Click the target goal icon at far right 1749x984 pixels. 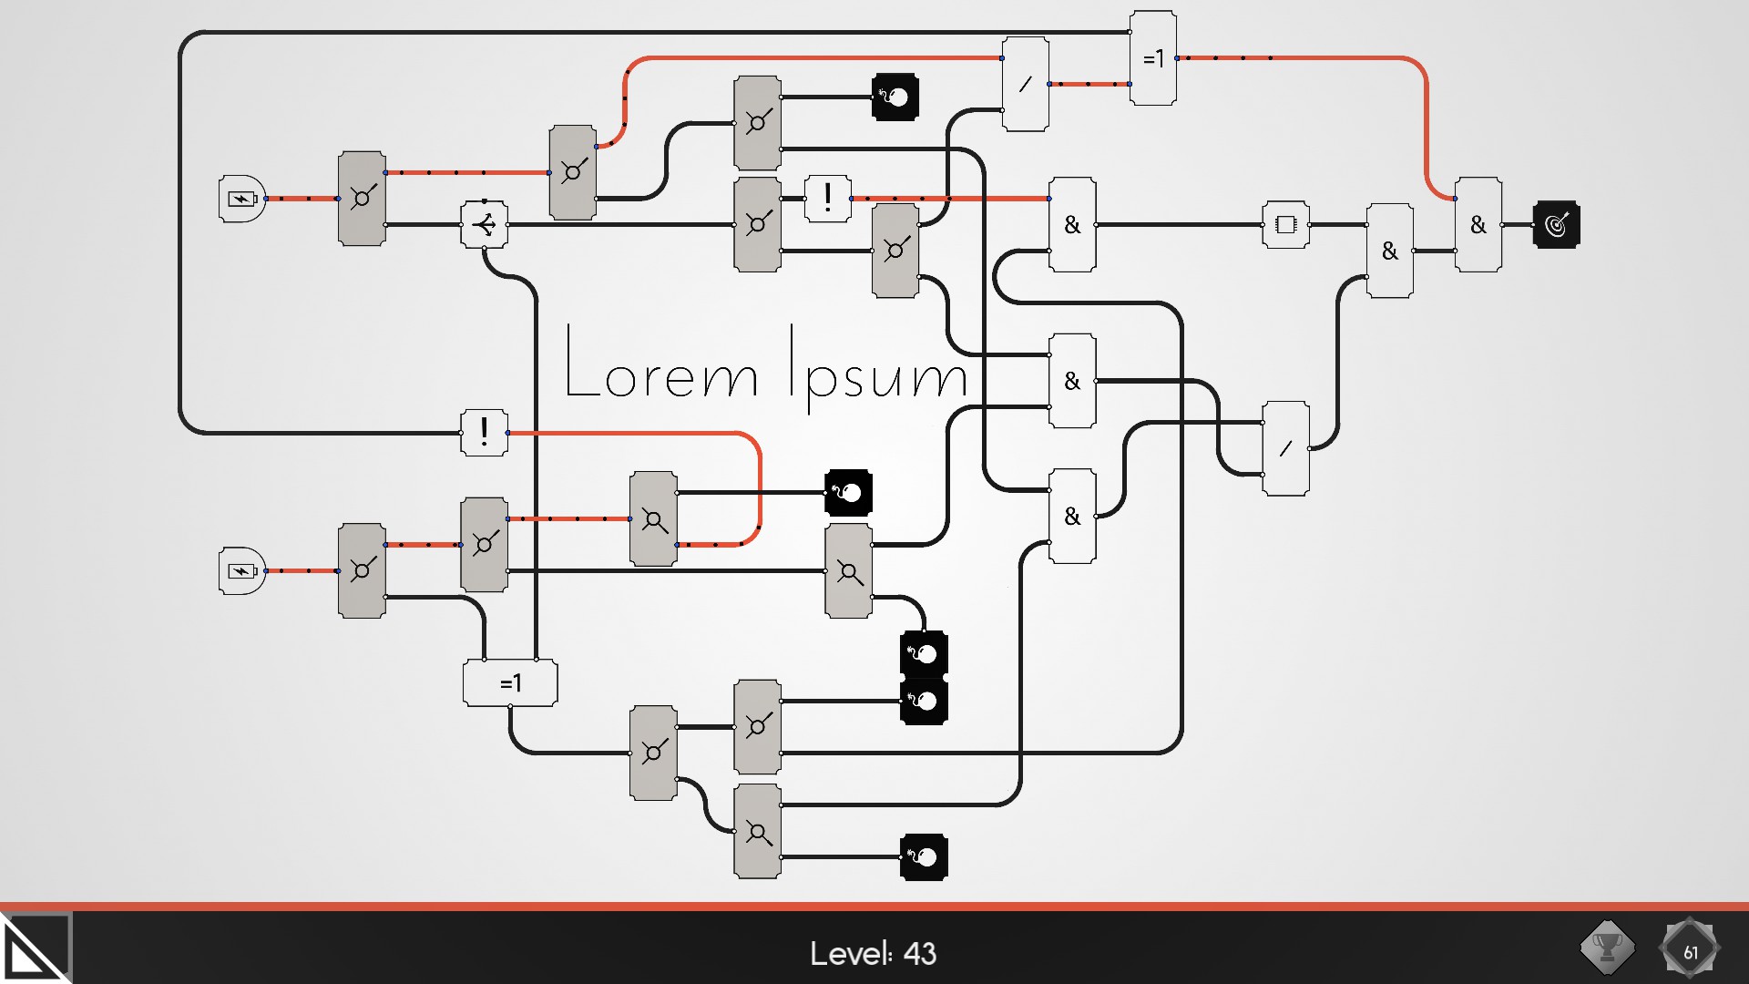pyautogui.click(x=1556, y=224)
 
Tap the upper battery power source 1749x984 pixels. pyautogui.click(x=241, y=199)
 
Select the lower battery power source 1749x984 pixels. pyautogui.click(x=241, y=571)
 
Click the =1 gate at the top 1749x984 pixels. pyautogui.click(x=1152, y=58)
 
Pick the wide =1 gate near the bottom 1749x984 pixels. pyautogui.click(x=510, y=682)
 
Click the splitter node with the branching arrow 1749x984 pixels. pyautogui.click(x=484, y=224)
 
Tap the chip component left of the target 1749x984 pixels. pyautogui.click(x=1285, y=224)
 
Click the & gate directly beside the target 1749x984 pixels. pyautogui.click(x=1478, y=224)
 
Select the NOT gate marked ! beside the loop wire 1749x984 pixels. pyautogui.click(x=484, y=432)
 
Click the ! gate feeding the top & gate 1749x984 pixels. pyautogui.click(x=827, y=198)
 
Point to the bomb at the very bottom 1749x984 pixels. pyautogui.click(x=924, y=857)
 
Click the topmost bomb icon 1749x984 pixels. pyautogui.click(x=895, y=97)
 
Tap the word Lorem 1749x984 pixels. pyautogui.click(x=660, y=364)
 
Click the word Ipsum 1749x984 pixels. pyautogui.click(x=877, y=369)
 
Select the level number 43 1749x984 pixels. pyautogui.click(x=920, y=953)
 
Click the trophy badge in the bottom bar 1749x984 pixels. pyautogui.click(x=1607, y=948)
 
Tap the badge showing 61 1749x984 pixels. pyautogui.click(x=1690, y=951)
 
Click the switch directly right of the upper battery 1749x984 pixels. pyautogui.click(x=362, y=199)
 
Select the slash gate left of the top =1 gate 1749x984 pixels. pyautogui.click(x=1025, y=84)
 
